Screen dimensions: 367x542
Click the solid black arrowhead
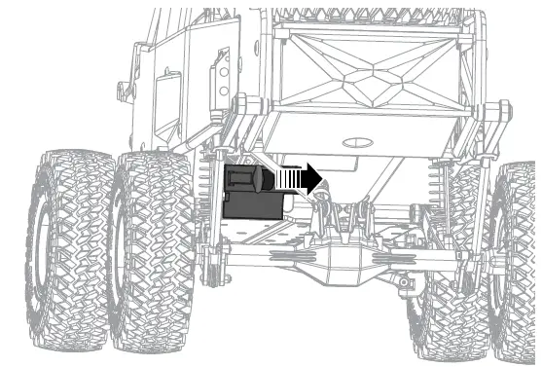pos(310,179)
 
